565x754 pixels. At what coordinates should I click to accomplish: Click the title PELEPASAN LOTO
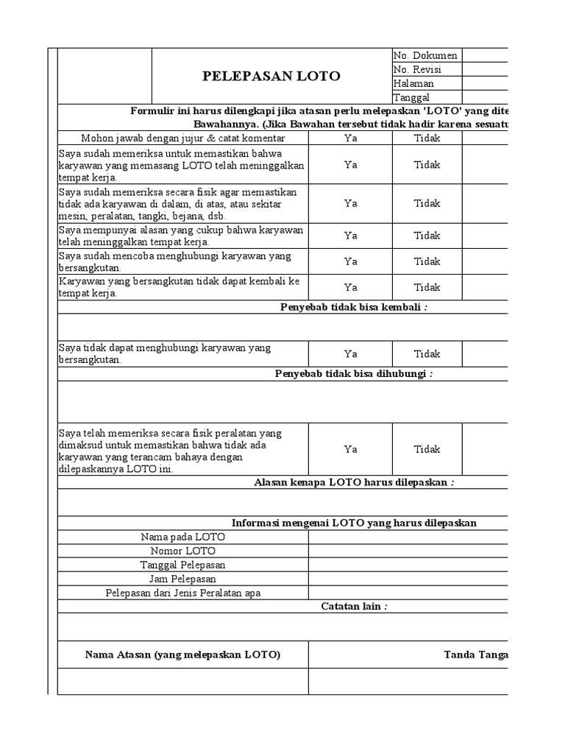[271, 77]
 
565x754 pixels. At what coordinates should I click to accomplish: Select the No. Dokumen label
[425, 55]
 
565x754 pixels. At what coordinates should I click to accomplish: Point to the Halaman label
[413, 83]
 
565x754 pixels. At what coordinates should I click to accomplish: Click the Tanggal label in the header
[413, 97]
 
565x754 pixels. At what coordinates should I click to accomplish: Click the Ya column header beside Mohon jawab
[350, 138]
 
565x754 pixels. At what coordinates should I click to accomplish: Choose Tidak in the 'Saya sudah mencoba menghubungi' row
[427, 261]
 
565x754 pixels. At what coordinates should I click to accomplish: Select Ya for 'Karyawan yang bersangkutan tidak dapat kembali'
[350, 287]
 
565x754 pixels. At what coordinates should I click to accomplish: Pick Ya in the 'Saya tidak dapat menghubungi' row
[350, 354]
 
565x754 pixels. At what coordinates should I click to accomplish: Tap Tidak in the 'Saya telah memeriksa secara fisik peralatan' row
[427, 449]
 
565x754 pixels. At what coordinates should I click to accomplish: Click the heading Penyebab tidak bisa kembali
[353, 307]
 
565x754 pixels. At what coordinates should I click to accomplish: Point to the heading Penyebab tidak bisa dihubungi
[353, 374]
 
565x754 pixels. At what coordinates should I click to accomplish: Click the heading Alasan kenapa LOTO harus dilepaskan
[353, 482]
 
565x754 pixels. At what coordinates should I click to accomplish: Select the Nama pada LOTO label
[182, 537]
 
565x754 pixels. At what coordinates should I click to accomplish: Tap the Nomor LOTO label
[182, 551]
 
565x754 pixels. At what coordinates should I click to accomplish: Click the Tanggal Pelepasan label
[182, 565]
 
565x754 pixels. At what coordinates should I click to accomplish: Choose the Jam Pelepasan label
[182, 579]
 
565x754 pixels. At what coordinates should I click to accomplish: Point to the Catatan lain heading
[354, 607]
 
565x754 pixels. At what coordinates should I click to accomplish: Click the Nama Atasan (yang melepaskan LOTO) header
[182, 655]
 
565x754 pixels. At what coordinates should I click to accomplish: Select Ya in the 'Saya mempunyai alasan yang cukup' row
[350, 236]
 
